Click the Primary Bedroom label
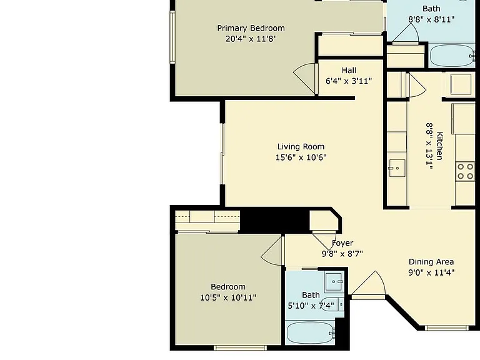pyautogui.click(x=251, y=28)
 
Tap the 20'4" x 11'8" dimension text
pyautogui.click(x=251, y=39)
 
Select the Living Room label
pyautogui.click(x=301, y=147)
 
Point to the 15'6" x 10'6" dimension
pyautogui.click(x=301, y=157)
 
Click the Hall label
pyautogui.click(x=349, y=71)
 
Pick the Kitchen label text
pyautogui.click(x=439, y=146)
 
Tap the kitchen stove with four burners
pyautogui.click(x=465, y=171)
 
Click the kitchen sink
pyautogui.click(x=397, y=168)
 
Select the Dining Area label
pyautogui.click(x=431, y=262)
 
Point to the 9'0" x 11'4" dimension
pyautogui.click(x=431, y=272)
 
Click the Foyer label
pyautogui.click(x=342, y=243)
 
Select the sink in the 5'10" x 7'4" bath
pyautogui.click(x=334, y=281)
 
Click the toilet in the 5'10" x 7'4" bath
pyautogui.click(x=332, y=304)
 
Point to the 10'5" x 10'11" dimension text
pyautogui.click(x=228, y=297)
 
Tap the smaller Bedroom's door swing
pyautogui.click(x=272, y=251)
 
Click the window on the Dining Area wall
pyautogui.click(x=447, y=328)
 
